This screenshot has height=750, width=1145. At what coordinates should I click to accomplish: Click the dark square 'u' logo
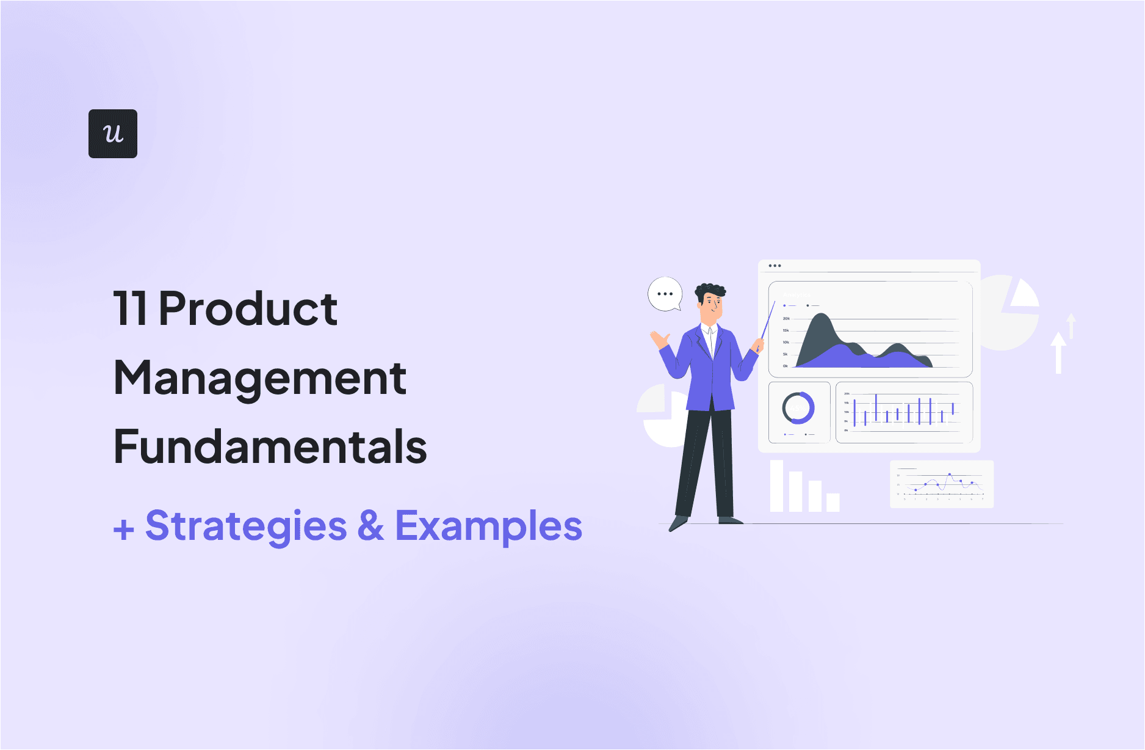113,134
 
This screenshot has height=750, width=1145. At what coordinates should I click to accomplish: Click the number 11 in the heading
130,308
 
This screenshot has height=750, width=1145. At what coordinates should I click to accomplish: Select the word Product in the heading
248,308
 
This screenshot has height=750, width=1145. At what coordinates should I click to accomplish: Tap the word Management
260,379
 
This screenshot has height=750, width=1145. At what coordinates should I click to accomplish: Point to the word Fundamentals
270,447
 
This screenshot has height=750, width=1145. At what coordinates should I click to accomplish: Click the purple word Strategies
246,526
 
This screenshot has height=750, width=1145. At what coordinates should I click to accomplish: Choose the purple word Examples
489,526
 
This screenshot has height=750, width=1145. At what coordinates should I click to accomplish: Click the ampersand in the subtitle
371,526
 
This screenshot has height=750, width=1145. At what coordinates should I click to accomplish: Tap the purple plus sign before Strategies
124,529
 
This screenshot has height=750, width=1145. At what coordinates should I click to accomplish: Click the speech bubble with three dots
665,294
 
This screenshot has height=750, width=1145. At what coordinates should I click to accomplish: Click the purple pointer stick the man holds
768,321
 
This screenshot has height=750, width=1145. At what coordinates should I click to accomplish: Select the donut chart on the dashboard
798,408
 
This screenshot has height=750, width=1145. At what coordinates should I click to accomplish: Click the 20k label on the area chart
786,318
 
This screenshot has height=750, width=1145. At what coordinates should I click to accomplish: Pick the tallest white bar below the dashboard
776,486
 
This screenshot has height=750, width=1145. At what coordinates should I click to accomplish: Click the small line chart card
942,484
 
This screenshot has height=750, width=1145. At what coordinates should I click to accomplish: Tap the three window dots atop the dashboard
775,266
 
